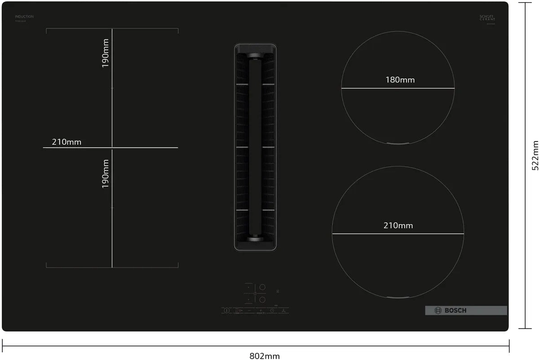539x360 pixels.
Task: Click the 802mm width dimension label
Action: click(265, 356)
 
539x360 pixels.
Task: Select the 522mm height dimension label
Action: click(535, 155)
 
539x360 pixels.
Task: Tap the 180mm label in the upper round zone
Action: click(400, 80)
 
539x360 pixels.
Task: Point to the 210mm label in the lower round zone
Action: click(398, 225)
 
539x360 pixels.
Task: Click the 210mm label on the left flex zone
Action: click(66, 142)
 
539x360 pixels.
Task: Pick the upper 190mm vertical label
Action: click(106, 53)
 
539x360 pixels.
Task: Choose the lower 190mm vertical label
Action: click(106, 173)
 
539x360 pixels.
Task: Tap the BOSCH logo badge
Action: click(466, 310)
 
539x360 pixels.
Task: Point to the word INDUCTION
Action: click(24, 17)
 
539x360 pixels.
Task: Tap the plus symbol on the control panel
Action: click(260, 311)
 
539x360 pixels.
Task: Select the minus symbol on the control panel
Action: click(249, 311)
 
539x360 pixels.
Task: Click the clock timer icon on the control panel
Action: click(272, 311)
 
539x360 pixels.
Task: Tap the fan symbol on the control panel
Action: click(283, 311)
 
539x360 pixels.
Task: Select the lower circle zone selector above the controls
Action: click(263, 299)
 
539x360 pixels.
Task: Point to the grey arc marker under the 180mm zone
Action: click(398, 143)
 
